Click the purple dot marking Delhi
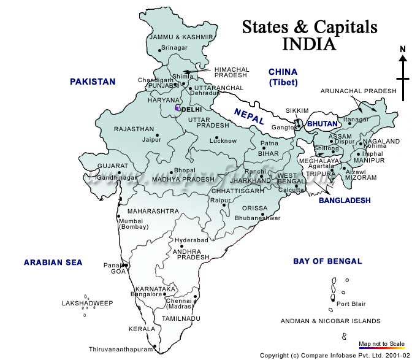point(177,109)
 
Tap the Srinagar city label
point(174,48)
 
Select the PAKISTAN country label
point(93,82)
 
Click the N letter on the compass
point(402,50)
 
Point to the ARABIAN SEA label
point(53,262)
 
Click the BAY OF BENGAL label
point(327,261)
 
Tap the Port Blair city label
point(351,303)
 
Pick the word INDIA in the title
point(309,45)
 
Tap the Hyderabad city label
point(191,240)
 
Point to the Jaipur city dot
point(158,135)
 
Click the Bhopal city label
point(185,170)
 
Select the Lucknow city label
point(223,141)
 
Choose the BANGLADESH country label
point(345,201)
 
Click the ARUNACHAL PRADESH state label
point(359,91)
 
